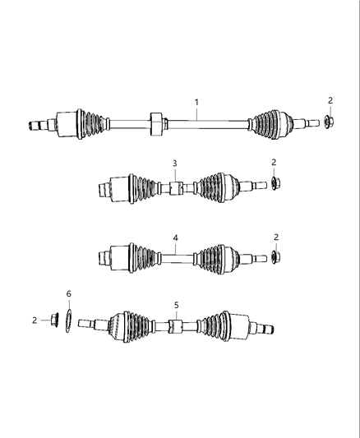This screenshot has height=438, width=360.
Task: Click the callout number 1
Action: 196,102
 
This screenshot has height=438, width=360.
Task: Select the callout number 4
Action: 174,237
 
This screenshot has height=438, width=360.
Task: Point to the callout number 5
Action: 175,305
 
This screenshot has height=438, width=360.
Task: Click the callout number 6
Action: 69,293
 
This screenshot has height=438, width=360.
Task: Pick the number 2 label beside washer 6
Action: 35,320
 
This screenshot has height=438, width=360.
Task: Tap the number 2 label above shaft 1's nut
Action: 330,100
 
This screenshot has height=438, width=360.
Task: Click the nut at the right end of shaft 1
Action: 328,123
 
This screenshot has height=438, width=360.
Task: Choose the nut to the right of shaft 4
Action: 275,257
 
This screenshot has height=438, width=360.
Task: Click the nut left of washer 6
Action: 53,320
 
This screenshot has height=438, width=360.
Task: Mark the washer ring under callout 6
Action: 69,320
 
